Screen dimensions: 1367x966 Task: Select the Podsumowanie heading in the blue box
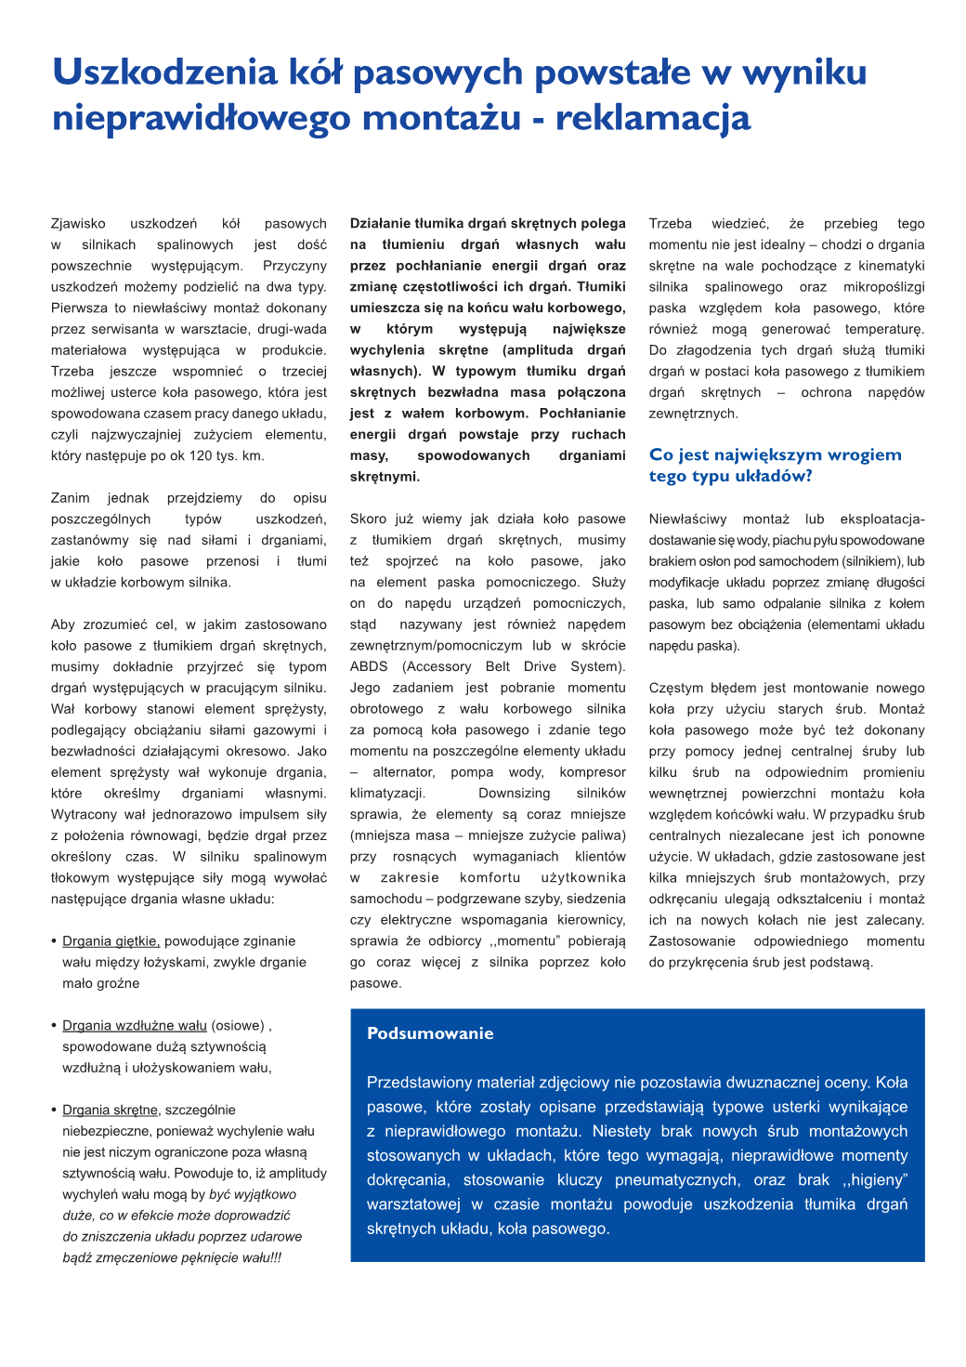430,1033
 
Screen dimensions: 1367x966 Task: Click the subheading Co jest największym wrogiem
775,454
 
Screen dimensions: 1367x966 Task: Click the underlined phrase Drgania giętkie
111,941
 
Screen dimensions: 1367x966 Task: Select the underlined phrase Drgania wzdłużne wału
134,1026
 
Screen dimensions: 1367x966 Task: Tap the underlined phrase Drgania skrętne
110,1111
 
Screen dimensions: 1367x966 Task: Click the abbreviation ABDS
369,666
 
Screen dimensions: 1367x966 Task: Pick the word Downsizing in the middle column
514,794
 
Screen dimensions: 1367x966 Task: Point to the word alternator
403,772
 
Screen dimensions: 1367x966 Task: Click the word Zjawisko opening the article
78,224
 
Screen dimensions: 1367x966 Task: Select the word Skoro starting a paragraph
368,519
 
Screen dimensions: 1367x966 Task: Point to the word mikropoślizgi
883,287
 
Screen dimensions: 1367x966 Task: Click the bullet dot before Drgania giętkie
54,941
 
